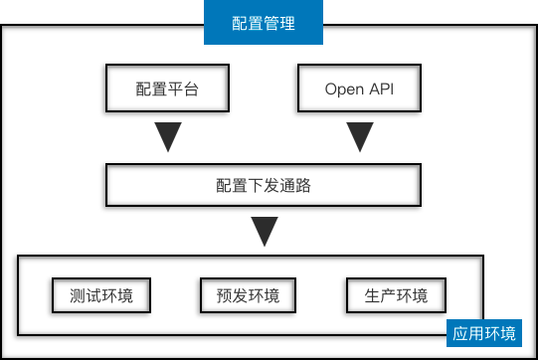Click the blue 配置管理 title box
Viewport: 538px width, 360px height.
point(264,23)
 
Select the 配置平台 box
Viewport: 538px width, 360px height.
point(167,90)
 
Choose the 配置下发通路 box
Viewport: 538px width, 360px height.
point(263,185)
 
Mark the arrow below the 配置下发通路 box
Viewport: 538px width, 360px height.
point(264,232)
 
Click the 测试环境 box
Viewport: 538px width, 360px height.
point(100,295)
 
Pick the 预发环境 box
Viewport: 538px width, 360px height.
point(248,295)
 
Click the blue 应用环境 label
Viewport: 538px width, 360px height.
point(485,333)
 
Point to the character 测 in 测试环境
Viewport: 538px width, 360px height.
point(79,295)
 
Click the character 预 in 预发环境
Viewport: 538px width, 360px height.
point(226,295)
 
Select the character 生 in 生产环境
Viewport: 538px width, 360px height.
point(373,295)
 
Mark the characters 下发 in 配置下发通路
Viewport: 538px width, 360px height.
point(264,185)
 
